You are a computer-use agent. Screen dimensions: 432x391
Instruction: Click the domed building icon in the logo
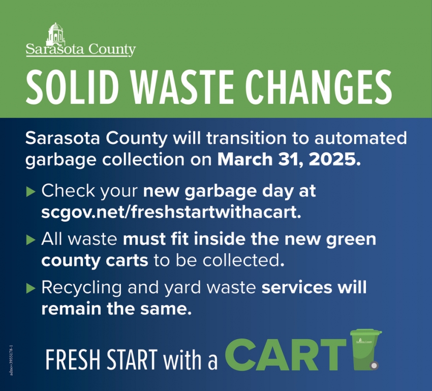(x=56, y=34)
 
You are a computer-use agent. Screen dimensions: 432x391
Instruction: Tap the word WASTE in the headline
(x=183, y=87)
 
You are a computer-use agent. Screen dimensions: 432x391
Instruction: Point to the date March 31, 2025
(x=289, y=159)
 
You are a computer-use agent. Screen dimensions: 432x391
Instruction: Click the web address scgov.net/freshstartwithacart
(x=171, y=212)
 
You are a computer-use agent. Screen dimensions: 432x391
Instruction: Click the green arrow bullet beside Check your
(x=31, y=192)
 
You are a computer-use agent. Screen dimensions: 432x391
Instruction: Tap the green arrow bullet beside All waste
(x=31, y=239)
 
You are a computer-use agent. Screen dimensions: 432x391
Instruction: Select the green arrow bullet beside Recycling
(x=31, y=288)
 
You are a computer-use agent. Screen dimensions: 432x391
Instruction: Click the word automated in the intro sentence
(x=361, y=137)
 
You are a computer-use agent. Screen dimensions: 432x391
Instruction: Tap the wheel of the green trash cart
(x=374, y=366)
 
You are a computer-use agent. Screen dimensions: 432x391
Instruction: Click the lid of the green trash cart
(x=366, y=332)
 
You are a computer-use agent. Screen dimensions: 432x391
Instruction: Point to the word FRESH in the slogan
(x=73, y=359)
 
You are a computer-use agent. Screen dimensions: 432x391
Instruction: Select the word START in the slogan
(x=132, y=359)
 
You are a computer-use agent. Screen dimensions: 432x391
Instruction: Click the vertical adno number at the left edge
(x=11, y=360)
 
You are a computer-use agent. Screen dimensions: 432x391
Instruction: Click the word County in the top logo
(x=112, y=50)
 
